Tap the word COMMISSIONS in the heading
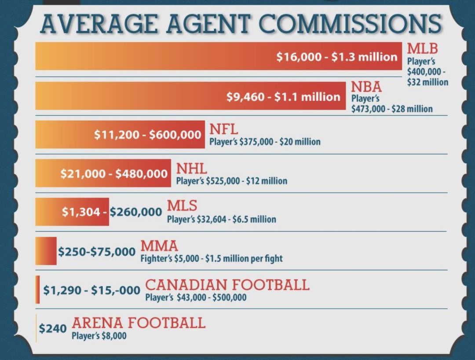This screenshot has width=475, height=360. click(349, 24)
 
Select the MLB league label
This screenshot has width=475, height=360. click(422, 47)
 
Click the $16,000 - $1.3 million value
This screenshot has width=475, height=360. click(337, 57)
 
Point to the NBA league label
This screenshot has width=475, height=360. click(366, 87)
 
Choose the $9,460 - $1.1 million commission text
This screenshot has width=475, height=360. click(283, 96)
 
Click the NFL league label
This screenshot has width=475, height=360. click(223, 129)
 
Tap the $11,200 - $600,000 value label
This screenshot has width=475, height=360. click(148, 135)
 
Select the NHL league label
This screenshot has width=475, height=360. click(191, 168)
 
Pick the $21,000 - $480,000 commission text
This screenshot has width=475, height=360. click(114, 173)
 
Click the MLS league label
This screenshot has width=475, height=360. click(182, 206)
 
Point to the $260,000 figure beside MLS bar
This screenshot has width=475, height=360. click(136, 212)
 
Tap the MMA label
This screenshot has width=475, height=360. click(159, 245)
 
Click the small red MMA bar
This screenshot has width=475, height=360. click(46, 251)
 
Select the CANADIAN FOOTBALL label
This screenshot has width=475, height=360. click(227, 284)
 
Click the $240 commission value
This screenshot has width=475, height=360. click(53, 328)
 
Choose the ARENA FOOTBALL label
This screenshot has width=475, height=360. click(138, 323)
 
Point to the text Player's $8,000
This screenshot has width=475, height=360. click(99, 336)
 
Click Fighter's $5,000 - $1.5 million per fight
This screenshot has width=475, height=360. click(211, 258)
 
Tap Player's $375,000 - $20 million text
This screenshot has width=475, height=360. click(264, 142)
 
